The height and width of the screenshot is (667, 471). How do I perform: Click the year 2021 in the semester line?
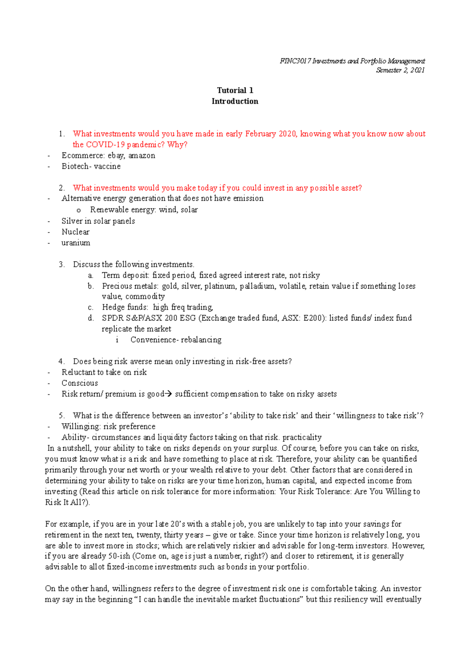pyautogui.click(x=417, y=70)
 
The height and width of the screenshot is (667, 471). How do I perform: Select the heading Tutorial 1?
pyautogui.click(x=235, y=90)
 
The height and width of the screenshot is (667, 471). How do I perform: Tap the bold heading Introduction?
pyautogui.click(x=235, y=101)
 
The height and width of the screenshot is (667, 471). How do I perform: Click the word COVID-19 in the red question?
pyautogui.click(x=105, y=145)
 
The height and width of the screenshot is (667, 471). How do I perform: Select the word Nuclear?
pyautogui.click(x=75, y=232)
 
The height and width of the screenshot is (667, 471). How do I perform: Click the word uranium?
pyautogui.click(x=76, y=243)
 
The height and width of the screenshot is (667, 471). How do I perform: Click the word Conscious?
pyautogui.click(x=80, y=383)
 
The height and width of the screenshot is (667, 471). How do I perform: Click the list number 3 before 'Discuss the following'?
pyautogui.click(x=61, y=264)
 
